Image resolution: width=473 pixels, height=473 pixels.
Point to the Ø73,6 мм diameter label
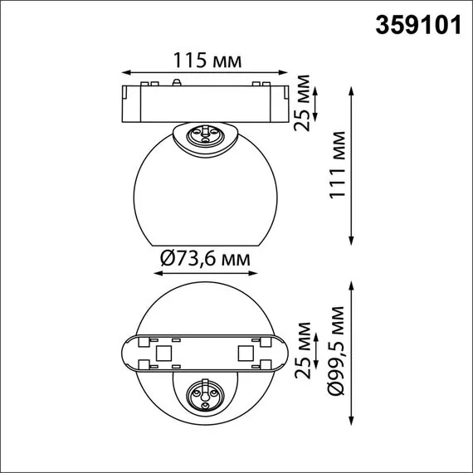click(203, 259)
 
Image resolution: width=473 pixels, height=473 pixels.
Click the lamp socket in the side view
click(203, 134)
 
